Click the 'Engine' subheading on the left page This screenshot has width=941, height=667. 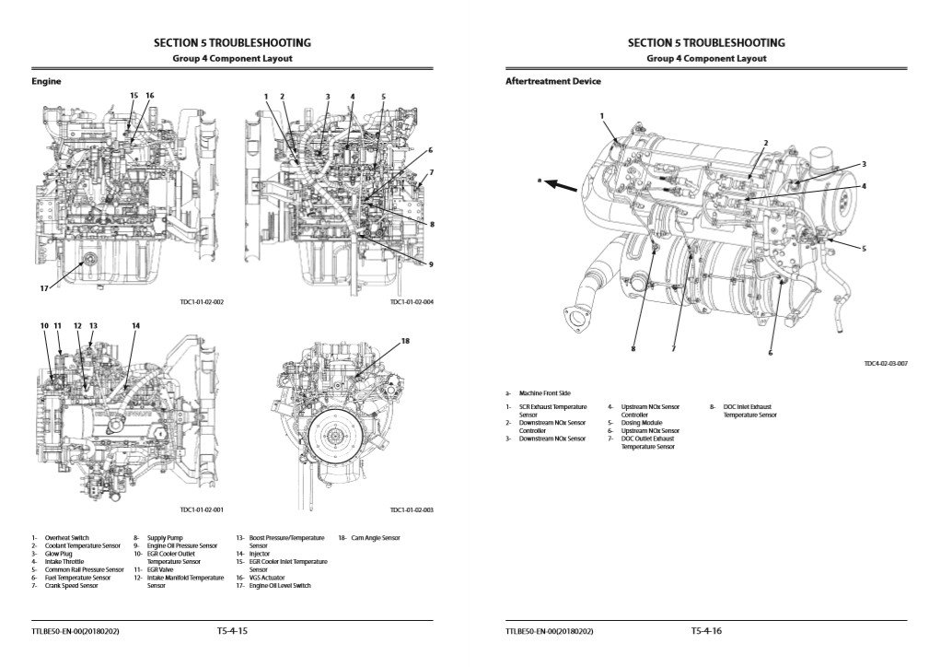point(46,82)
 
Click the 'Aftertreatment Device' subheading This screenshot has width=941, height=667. point(552,82)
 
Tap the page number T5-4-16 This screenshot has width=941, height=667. point(706,631)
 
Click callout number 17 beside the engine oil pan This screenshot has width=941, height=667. point(43,288)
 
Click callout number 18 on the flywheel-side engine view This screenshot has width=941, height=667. point(404,341)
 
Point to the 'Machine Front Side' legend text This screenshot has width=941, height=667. point(545,393)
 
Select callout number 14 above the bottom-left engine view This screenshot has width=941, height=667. point(135,326)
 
